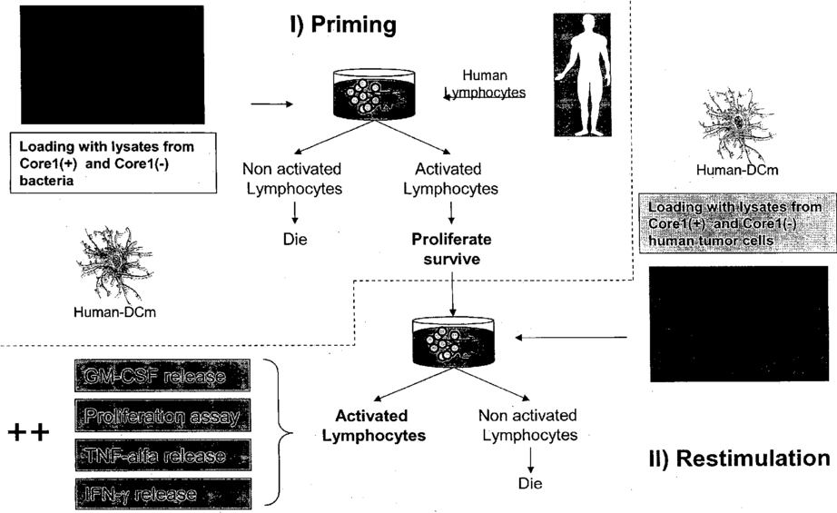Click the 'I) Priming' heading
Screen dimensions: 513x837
(x=342, y=25)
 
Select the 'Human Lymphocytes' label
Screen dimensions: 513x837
(x=485, y=84)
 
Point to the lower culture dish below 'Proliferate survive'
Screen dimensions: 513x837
(x=446, y=340)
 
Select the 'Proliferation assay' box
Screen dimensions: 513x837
(x=160, y=417)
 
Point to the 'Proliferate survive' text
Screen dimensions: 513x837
(x=450, y=249)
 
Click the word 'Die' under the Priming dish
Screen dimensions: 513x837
(x=293, y=242)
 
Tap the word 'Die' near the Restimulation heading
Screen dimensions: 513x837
(x=529, y=483)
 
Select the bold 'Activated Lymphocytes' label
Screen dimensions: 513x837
(x=380, y=426)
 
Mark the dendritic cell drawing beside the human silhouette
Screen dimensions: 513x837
(x=737, y=122)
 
